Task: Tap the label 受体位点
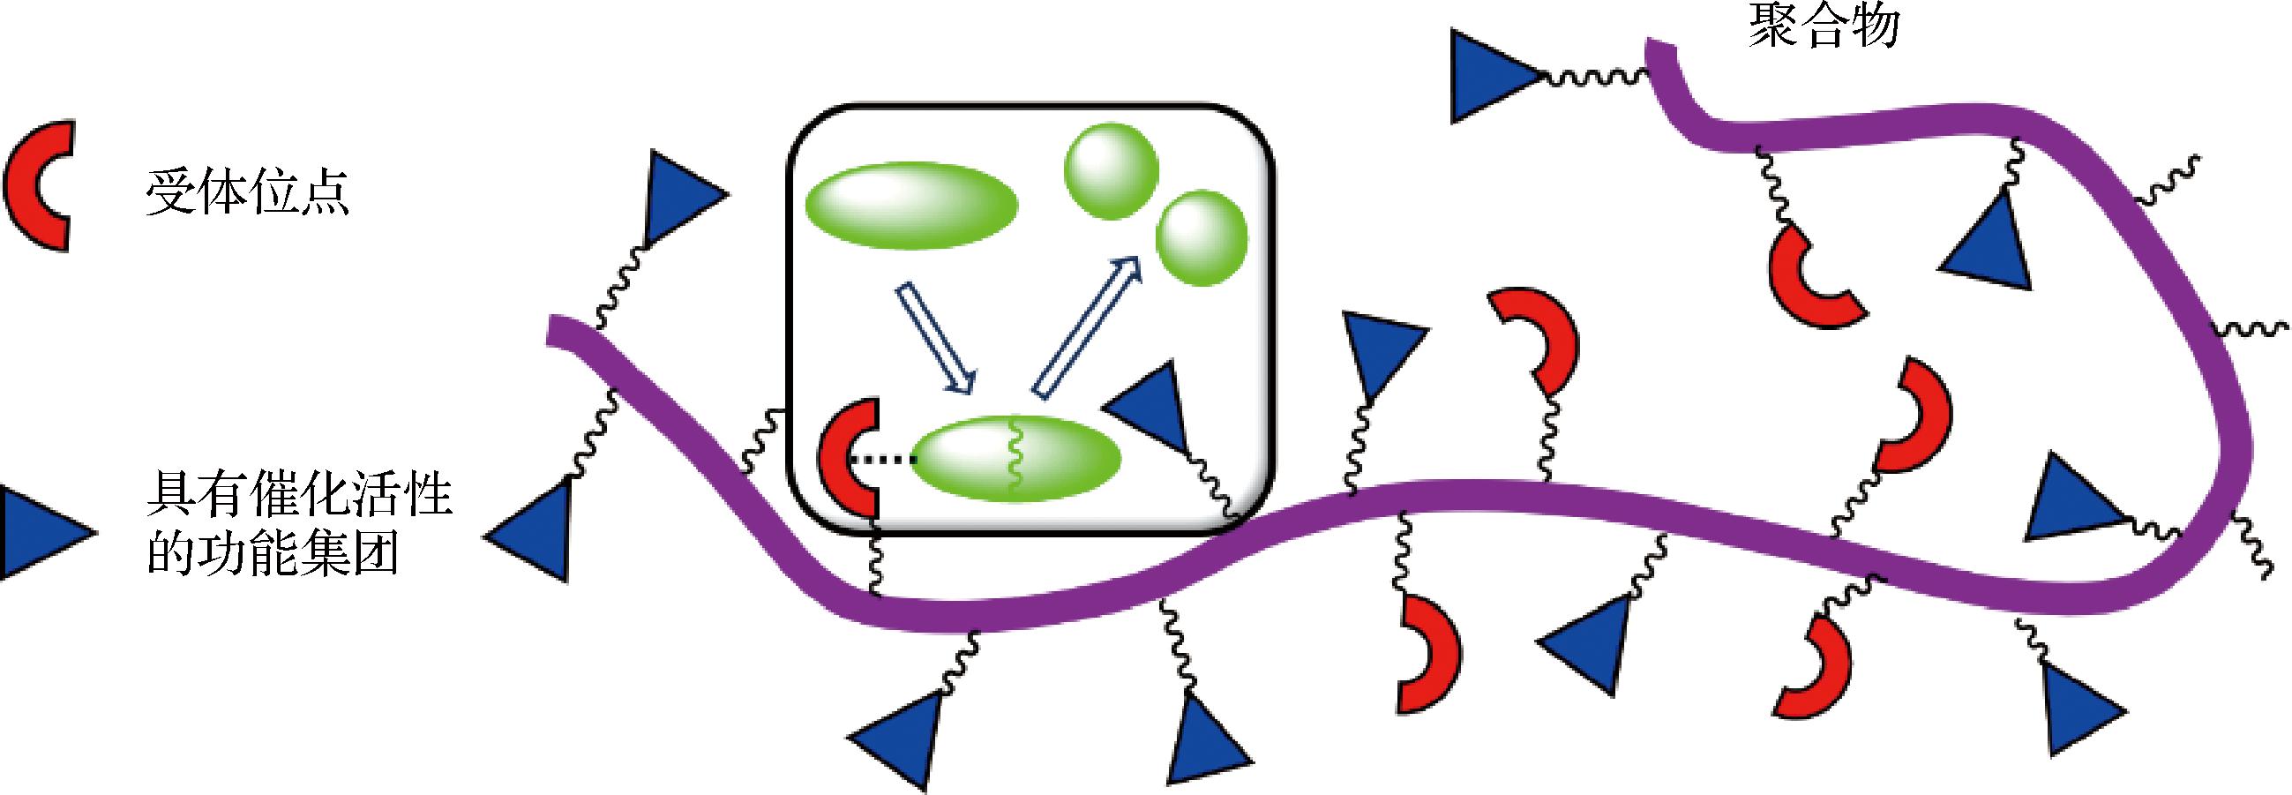247,191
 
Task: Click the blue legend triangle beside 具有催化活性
40,532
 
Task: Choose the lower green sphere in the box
1202,237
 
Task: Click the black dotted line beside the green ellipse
880,460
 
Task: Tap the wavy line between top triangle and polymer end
1592,79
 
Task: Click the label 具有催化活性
299,495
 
